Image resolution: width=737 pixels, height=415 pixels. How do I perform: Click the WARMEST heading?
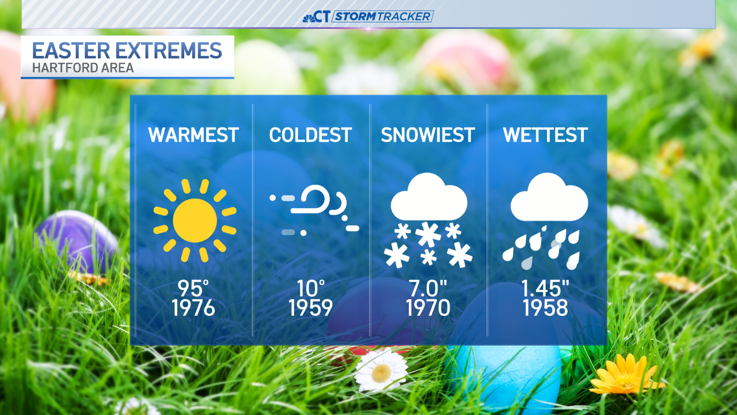pos(193,135)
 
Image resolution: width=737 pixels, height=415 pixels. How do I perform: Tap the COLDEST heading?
pos(310,135)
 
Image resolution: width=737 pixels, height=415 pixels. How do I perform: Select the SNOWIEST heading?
pos(428,135)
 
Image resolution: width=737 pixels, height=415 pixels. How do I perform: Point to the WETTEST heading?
pos(545,135)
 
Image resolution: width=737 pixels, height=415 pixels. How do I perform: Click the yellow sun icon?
pos(195,220)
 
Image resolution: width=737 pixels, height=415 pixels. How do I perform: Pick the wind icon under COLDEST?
pos(314,211)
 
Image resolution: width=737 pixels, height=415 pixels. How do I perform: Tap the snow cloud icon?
pos(429,220)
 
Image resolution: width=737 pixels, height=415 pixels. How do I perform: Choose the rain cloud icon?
pos(547,220)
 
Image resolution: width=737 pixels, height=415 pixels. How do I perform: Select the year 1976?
pos(193,308)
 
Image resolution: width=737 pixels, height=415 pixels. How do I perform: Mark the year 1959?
pos(311,308)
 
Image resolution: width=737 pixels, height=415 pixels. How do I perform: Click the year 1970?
pos(428,308)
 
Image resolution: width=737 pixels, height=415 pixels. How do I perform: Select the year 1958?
pos(545,308)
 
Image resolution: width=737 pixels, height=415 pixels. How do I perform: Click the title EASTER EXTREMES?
pos(127,51)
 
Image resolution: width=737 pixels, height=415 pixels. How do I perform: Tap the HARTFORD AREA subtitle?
pos(83,68)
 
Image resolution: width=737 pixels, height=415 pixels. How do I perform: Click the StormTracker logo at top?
pos(368,16)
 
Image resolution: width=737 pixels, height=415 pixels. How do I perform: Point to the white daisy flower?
pos(380,370)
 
